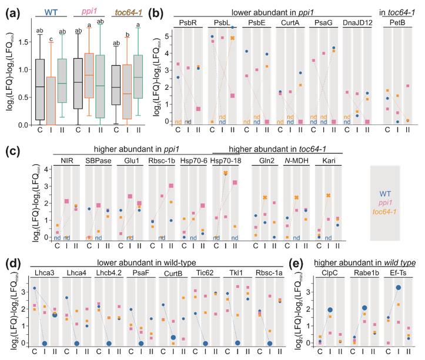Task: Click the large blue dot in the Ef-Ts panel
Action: click(x=398, y=287)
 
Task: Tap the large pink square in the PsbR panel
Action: click(x=198, y=109)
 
